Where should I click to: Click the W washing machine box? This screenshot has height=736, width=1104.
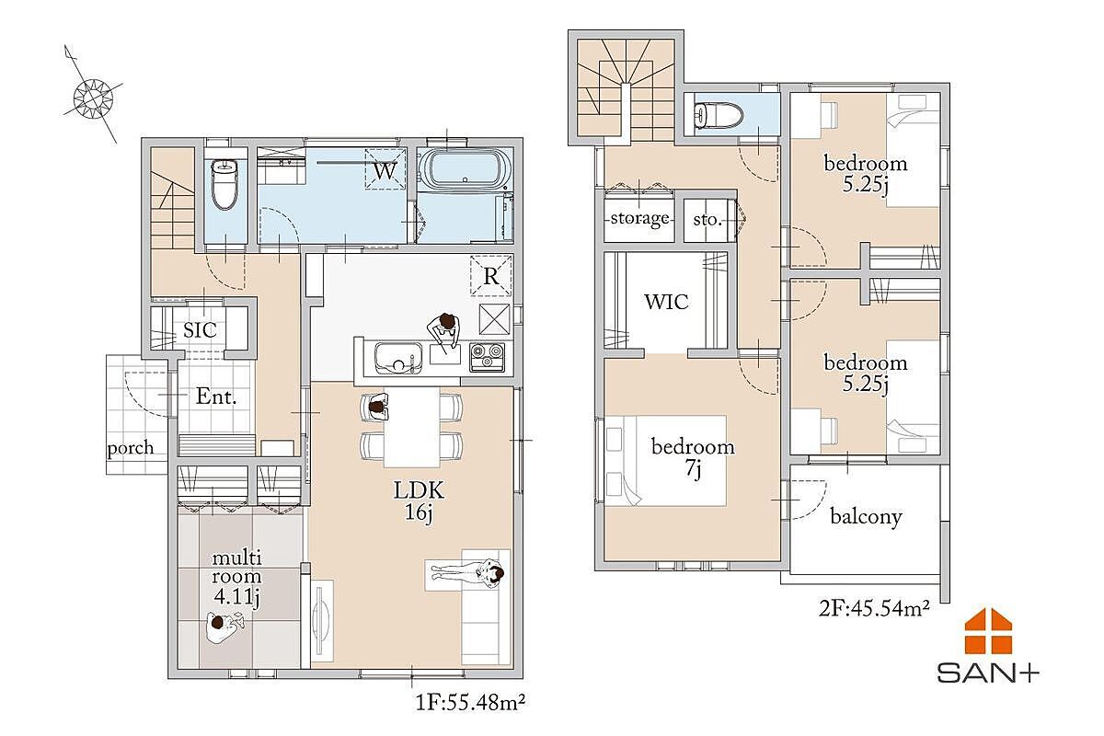[x=385, y=168]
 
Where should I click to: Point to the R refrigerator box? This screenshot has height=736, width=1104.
[x=491, y=276]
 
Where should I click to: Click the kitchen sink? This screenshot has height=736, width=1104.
[x=398, y=358]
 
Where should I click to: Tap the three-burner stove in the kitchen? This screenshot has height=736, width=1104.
[x=487, y=357]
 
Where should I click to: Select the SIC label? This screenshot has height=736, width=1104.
[x=200, y=329]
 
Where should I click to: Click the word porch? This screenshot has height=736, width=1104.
[x=131, y=448]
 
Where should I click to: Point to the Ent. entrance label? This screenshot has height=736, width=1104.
[x=216, y=397]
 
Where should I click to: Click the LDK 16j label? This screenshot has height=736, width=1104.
[x=419, y=500]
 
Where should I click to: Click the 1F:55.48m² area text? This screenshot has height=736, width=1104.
[x=470, y=702]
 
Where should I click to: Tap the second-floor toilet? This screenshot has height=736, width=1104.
[x=718, y=114]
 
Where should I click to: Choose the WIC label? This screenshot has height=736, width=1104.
[x=666, y=302]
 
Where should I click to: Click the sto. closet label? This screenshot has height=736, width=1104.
[x=707, y=219]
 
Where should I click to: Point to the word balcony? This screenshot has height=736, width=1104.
[x=866, y=517]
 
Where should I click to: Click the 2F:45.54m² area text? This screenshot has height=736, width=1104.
[x=874, y=608]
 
